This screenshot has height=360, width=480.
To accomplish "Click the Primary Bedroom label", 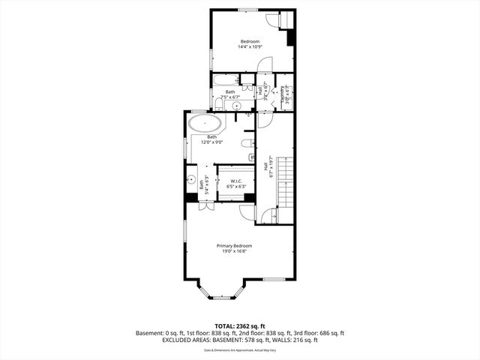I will [234, 246].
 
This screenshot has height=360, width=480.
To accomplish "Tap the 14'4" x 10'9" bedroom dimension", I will [249, 46].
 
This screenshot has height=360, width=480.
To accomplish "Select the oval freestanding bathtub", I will [204, 124].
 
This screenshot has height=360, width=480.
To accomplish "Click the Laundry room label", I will [283, 94].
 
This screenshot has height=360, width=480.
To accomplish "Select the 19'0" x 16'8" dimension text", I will [234, 251].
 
